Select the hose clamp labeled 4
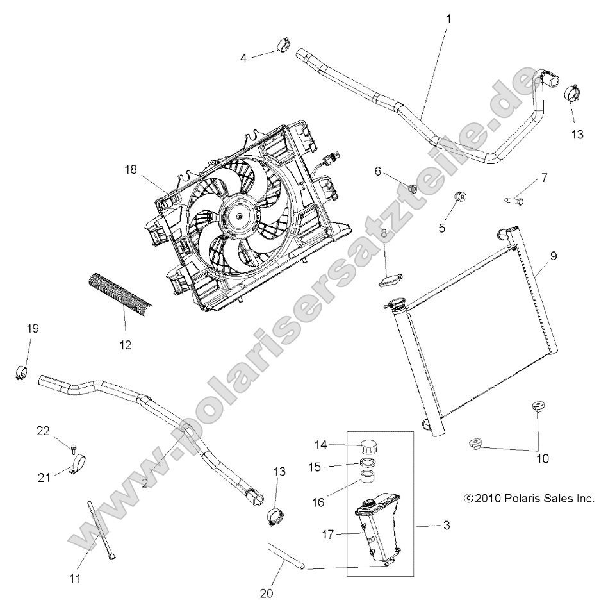click(283, 47)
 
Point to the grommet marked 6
click(413, 188)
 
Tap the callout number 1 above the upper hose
click(448, 19)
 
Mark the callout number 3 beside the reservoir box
click(447, 526)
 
